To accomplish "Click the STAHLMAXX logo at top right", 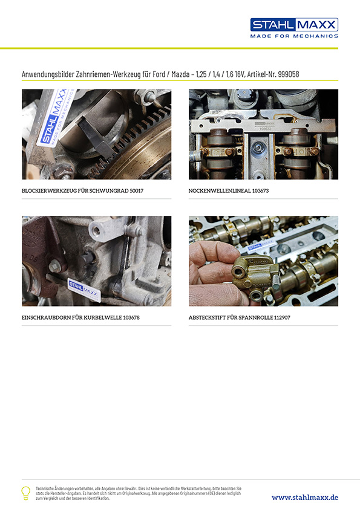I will pos(294,25).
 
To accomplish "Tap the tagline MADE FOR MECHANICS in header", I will pos(294,36).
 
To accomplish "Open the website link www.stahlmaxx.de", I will pos(304,497).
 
